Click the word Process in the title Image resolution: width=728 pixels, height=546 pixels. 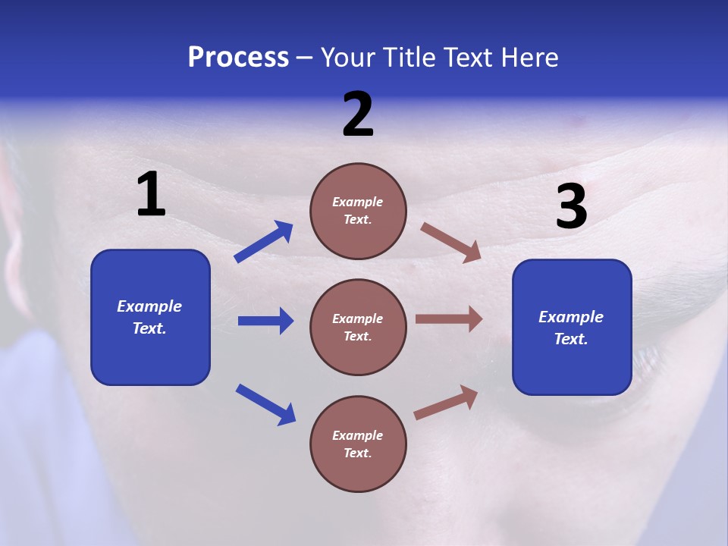pos(238,58)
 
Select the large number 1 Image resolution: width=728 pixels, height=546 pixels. pos(151,195)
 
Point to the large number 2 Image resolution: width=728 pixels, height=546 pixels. pos(358,115)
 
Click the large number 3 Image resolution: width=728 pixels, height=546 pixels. pos(571,207)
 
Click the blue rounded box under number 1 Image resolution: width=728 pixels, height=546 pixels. pos(150,317)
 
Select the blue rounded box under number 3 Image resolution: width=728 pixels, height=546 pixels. pos(572,328)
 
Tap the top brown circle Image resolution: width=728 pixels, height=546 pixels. pos(358,211)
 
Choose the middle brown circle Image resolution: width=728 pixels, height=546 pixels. pos(358,327)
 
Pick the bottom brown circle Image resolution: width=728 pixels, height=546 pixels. pos(358,444)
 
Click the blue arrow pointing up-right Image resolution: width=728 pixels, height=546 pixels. pos(264,242)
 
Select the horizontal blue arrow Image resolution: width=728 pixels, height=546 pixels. pos(265,321)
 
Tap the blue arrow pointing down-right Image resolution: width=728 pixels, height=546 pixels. pos(265,404)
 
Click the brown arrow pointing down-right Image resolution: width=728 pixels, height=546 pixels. pos(451,243)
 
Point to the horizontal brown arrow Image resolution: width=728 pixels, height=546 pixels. pos(449,319)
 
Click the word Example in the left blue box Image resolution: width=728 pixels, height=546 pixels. pos(149,306)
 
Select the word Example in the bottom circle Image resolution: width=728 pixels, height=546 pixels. pos(357,435)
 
